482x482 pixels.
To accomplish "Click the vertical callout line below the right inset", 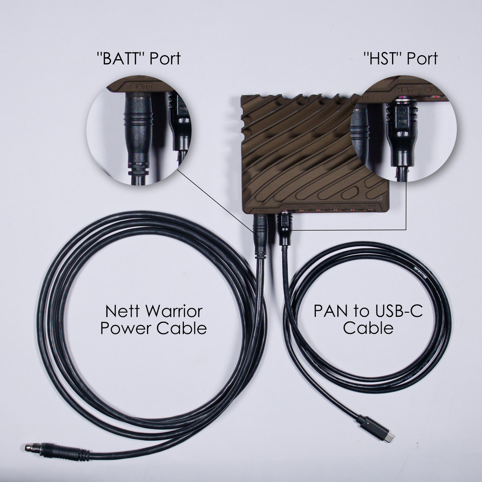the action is click(406, 206).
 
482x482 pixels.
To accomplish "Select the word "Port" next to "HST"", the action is click(422, 59).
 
